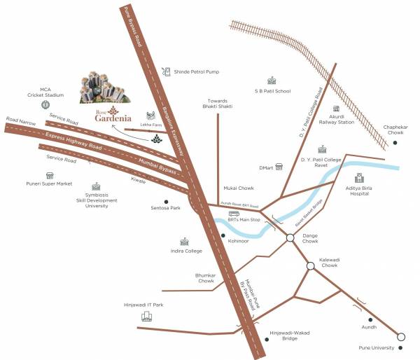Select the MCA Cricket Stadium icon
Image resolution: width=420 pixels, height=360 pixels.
point(45,104)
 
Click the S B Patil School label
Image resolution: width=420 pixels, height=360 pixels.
point(272,91)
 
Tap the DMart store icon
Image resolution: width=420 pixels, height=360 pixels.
point(280,167)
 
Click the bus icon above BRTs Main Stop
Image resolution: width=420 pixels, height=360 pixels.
point(234,214)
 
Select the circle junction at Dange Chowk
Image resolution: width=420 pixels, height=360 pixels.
point(290,239)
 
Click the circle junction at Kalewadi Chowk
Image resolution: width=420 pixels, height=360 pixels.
point(310,266)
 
